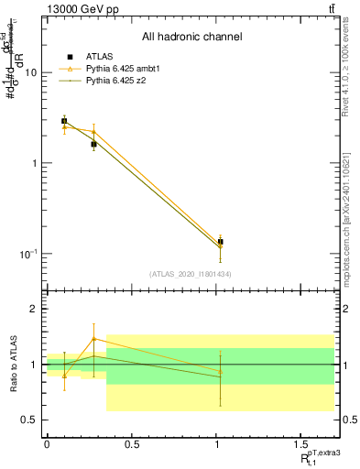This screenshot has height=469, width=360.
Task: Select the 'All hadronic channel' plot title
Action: click(191, 38)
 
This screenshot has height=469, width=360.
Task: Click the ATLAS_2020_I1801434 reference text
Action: click(191, 273)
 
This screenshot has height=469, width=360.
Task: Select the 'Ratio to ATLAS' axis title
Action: click(12, 365)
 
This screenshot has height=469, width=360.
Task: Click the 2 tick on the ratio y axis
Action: click(33, 309)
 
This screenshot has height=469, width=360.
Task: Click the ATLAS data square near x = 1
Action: click(220, 242)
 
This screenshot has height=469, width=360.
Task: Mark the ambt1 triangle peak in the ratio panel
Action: click(93, 338)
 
